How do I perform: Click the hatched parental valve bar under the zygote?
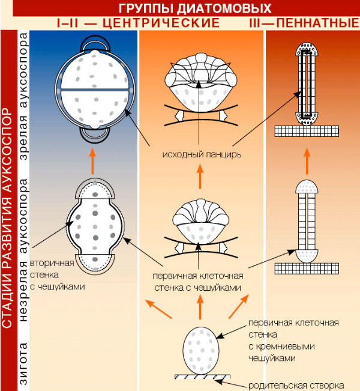[x=201, y=377]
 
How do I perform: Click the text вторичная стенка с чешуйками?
[x=58, y=275]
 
